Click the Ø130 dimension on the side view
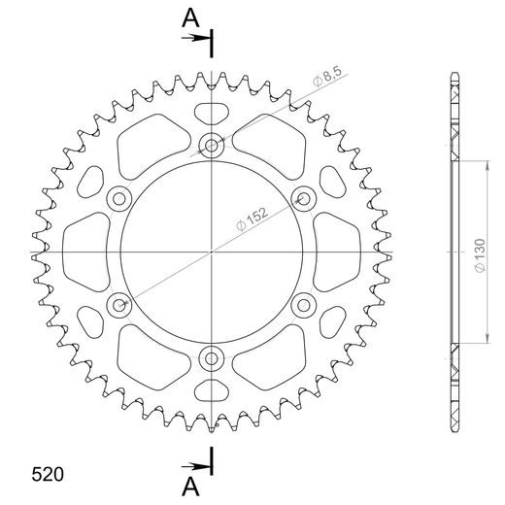(x=479, y=252)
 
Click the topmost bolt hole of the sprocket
(x=211, y=147)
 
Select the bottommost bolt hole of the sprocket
(x=211, y=358)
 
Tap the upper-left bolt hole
(x=119, y=199)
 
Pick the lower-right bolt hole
(x=302, y=305)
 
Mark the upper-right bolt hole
(x=302, y=199)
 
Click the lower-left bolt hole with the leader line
(x=119, y=305)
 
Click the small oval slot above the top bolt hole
(x=211, y=112)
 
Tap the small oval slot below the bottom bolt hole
(x=211, y=392)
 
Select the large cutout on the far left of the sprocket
(x=85, y=252)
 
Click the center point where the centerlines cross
(x=211, y=252)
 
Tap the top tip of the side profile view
(x=454, y=74)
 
